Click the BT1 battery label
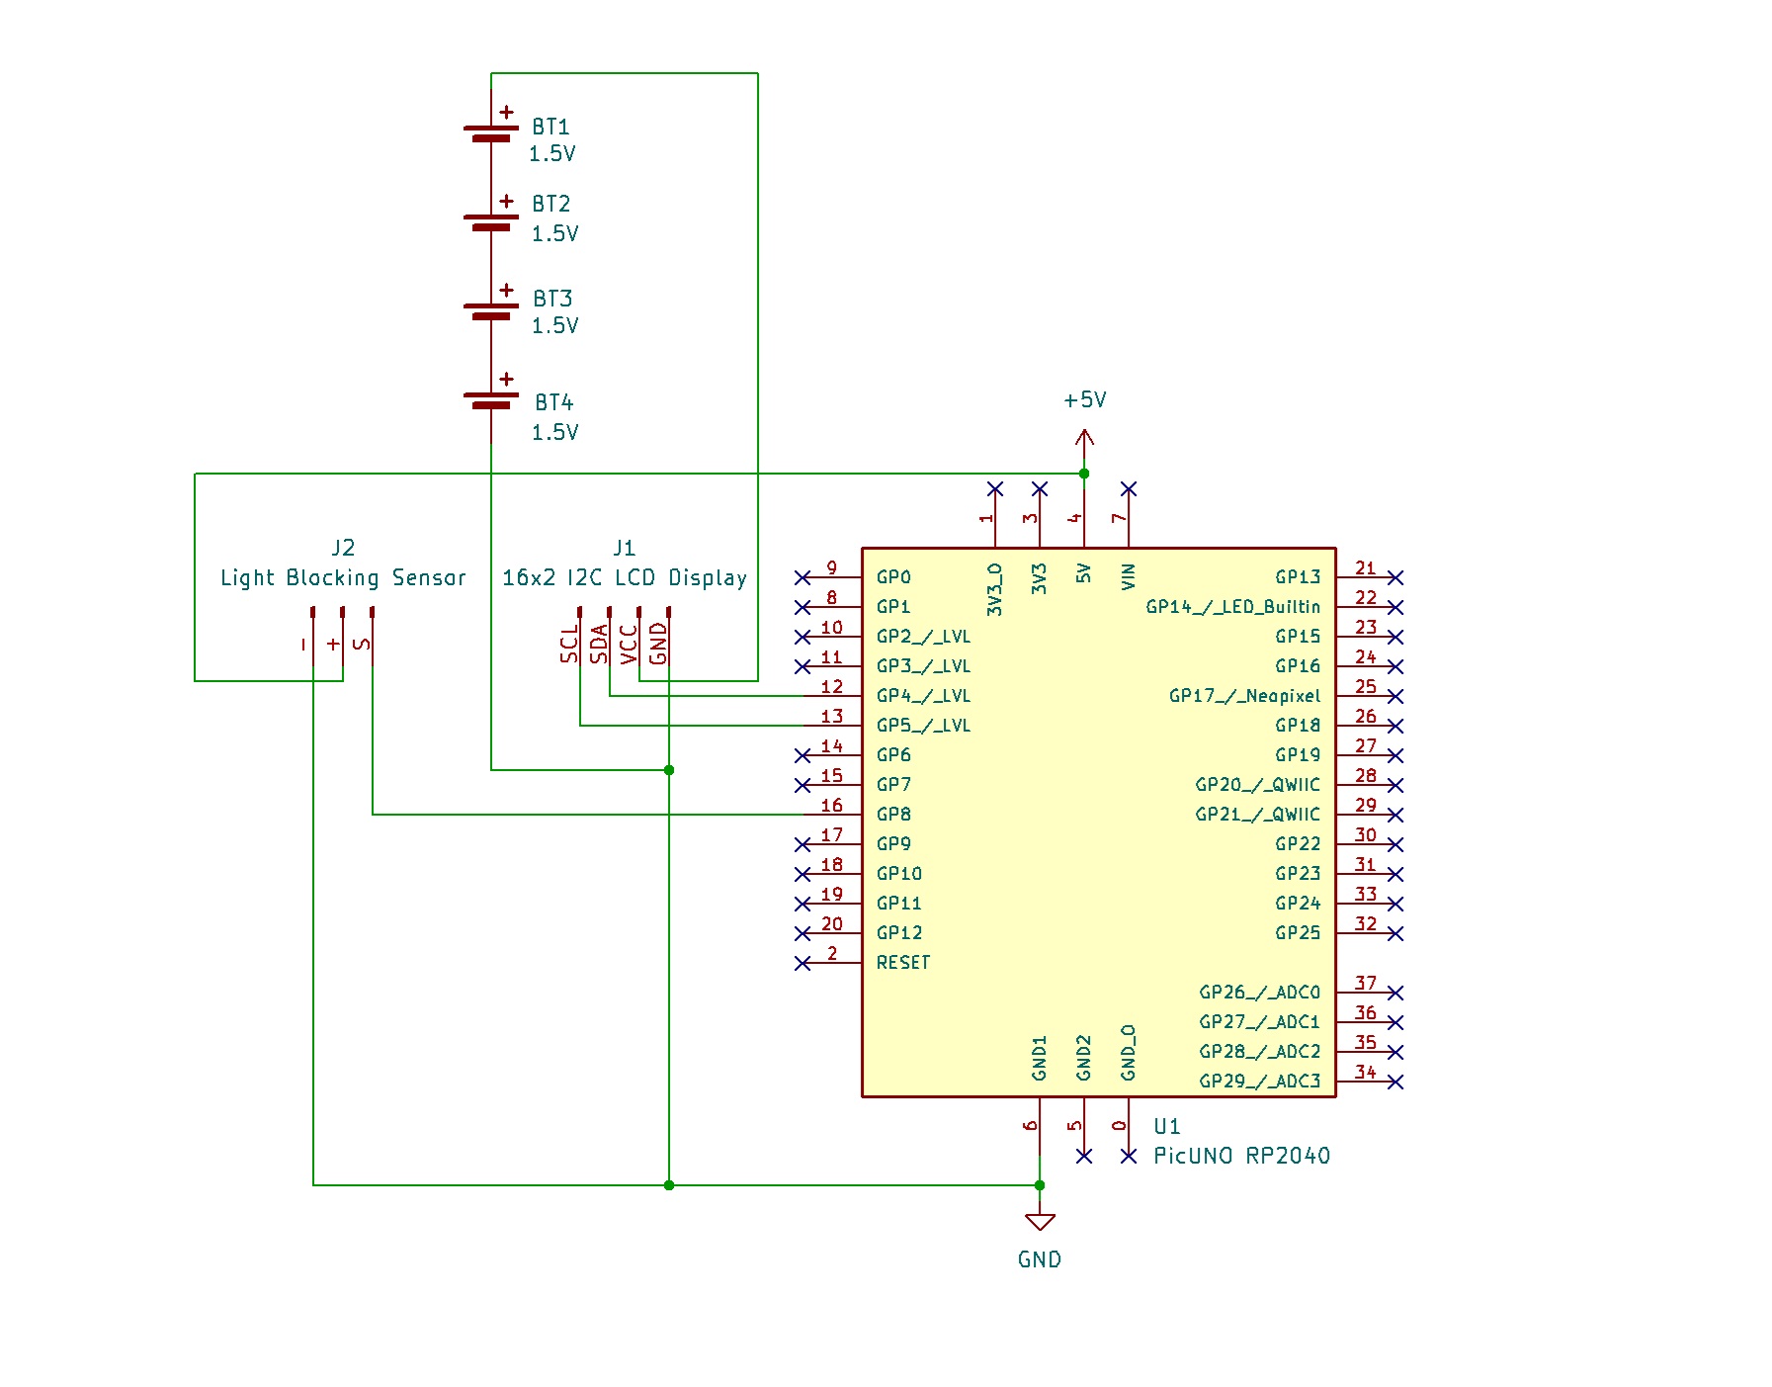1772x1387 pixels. tap(550, 128)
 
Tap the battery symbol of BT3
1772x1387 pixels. tap(491, 310)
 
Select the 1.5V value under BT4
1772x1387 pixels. tap(554, 432)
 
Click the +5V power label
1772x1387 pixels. tap(1084, 400)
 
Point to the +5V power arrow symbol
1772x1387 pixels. tap(1084, 437)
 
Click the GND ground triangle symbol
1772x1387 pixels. tap(1040, 1222)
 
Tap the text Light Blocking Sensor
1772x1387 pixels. tap(342, 578)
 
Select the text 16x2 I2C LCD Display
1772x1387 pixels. tap(624, 578)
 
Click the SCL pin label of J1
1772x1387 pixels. tap(569, 643)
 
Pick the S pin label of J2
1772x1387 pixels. tap(363, 644)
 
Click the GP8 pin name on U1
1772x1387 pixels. tap(893, 815)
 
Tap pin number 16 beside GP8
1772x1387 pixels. tap(832, 806)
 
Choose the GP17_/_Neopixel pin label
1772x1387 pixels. tap(1244, 696)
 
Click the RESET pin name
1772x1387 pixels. tap(902, 963)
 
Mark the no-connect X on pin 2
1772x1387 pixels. tap(802, 963)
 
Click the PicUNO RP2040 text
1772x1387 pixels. tap(1241, 1156)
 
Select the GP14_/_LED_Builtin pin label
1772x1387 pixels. tap(1232, 607)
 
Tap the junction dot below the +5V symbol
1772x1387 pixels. tap(1084, 474)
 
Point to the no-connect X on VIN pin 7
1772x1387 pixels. tap(1129, 489)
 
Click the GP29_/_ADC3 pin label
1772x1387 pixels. tap(1259, 1082)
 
